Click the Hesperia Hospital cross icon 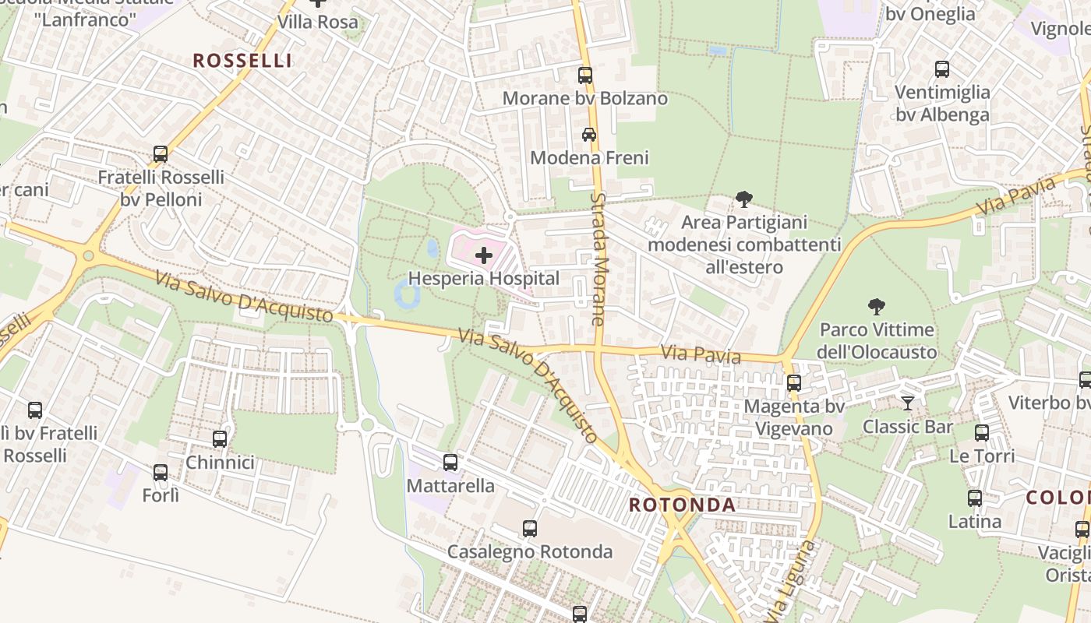click(484, 255)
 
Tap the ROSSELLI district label click(242, 61)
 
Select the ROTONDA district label click(682, 505)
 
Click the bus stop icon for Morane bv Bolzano click(585, 76)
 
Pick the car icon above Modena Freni click(589, 134)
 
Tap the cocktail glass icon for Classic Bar click(907, 403)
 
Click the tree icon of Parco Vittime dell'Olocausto click(877, 306)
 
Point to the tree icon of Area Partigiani click(744, 199)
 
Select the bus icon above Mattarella click(450, 462)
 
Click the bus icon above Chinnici click(220, 438)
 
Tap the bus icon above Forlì click(161, 472)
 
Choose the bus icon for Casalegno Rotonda click(530, 528)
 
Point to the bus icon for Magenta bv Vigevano click(794, 382)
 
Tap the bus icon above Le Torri click(982, 432)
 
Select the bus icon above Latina click(975, 498)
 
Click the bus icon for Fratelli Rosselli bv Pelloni click(161, 153)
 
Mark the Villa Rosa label click(318, 22)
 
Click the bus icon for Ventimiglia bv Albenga click(942, 69)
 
